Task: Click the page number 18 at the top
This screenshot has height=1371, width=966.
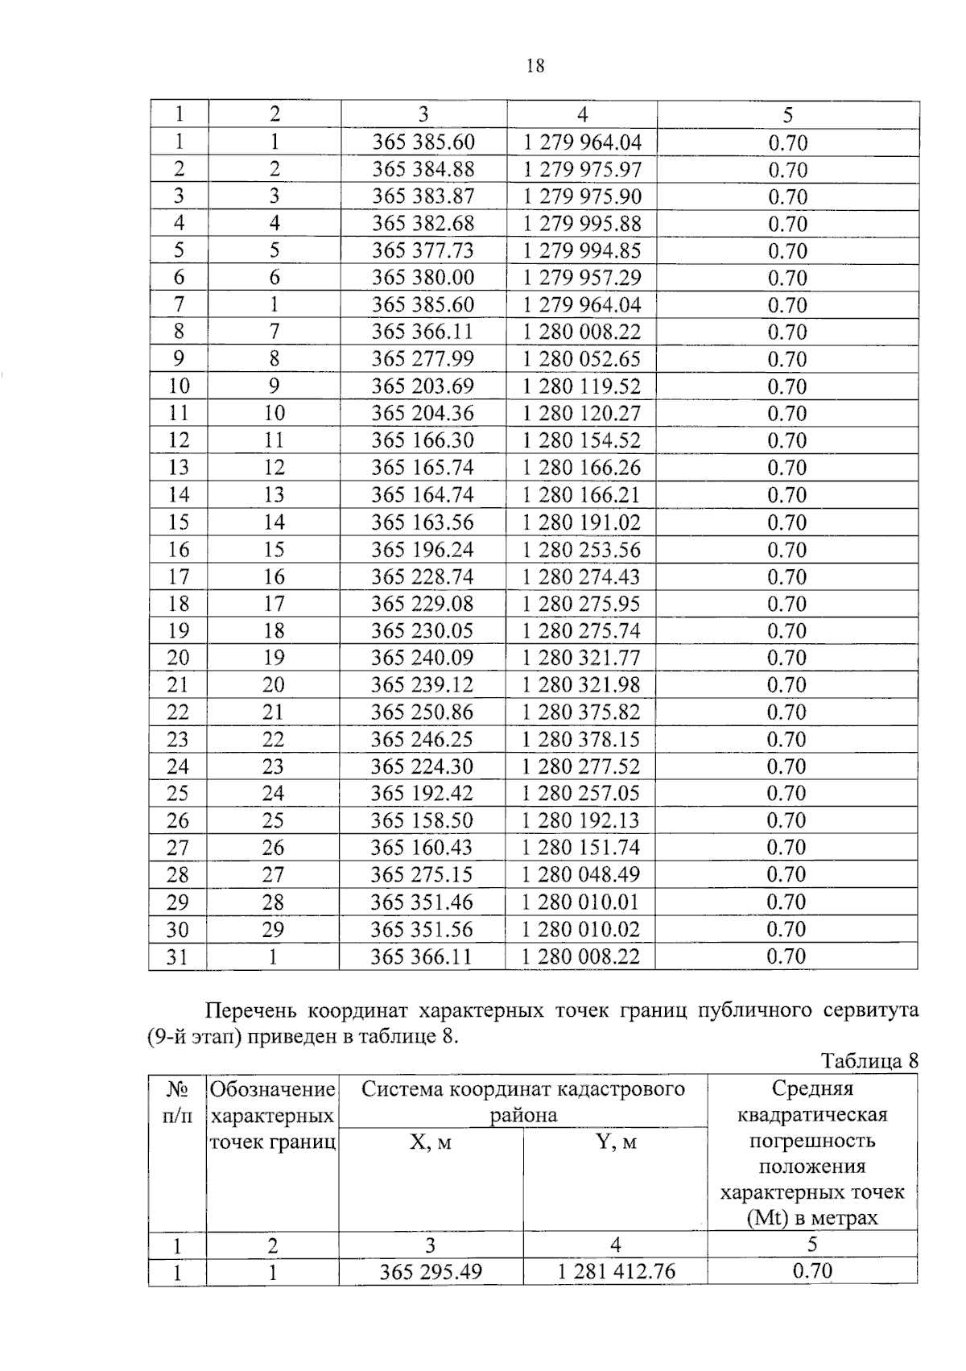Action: click(535, 66)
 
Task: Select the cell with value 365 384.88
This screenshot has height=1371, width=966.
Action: click(423, 170)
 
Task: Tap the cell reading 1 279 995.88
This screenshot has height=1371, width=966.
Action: click(582, 224)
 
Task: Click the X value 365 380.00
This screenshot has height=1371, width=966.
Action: click(423, 278)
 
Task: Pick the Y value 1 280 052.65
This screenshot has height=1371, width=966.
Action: click(582, 359)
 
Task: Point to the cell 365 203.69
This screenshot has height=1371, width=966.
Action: click(423, 386)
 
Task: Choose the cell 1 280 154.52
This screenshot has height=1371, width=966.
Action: click(582, 440)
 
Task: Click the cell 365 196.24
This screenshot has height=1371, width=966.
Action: click(423, 550)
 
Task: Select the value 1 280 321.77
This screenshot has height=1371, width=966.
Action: click(582, 658)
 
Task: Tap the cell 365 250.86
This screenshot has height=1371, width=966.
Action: click(423, 712)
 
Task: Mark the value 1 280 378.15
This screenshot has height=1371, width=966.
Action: click(582, 740)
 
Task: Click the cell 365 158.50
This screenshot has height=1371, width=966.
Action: click(423, 821)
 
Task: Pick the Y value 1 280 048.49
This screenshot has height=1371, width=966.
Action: click(582, 875)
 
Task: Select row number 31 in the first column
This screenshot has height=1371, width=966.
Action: click(178, 957)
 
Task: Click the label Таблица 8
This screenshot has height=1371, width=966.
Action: click(869, 1061)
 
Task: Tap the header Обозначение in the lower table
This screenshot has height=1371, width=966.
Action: click(272, 1090)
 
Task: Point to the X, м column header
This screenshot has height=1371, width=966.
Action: click(431, 1142)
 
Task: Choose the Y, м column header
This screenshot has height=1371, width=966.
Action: click(615, 1142)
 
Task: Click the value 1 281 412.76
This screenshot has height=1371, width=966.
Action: click(616, 1272)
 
